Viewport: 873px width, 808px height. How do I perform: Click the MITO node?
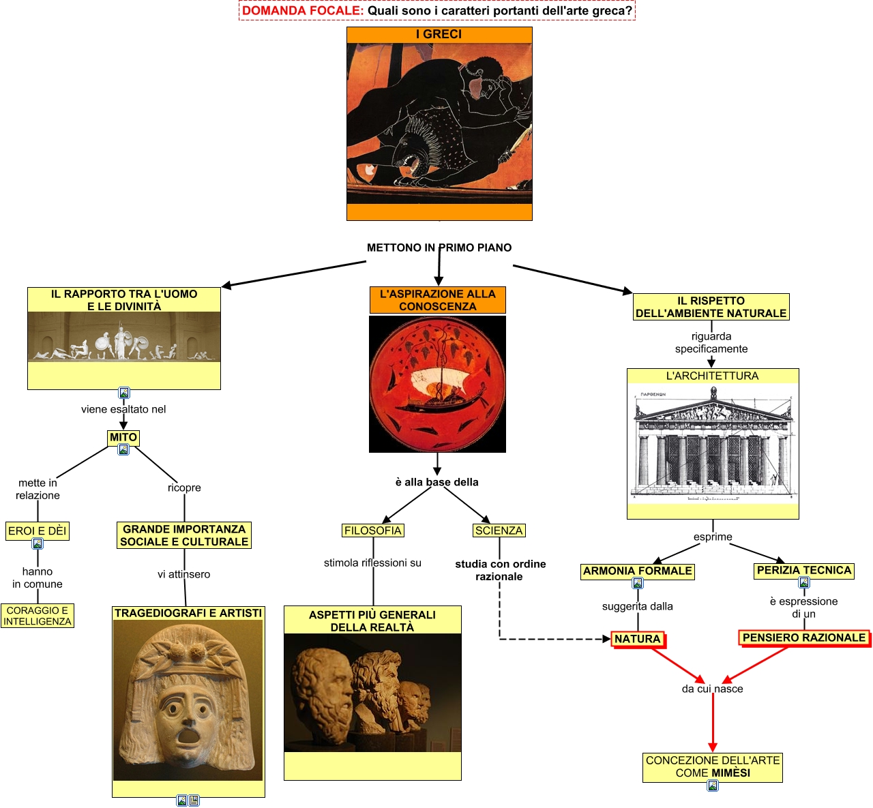click(x=123, y=437)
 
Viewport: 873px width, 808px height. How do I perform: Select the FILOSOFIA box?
click(x=373, y=530)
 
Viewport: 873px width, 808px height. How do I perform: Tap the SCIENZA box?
click(x=499, y=530)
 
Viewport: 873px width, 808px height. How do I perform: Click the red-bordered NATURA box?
click(x=638, y=639)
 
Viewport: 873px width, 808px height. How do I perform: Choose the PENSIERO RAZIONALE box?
click(x=804, y=638)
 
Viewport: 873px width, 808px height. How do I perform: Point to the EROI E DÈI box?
click(x=38, y=531)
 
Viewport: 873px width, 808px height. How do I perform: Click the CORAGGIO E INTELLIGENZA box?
click(x=38, y=616)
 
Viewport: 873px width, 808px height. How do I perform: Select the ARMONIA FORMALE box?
click(x=638, y=571)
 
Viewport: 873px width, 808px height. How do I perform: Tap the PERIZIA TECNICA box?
click(x=804, y=570)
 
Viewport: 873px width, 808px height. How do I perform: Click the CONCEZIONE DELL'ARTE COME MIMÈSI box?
click(x=713, y=766)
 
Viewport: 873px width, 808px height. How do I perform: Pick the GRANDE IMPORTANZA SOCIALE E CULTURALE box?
click(x=184, y=535)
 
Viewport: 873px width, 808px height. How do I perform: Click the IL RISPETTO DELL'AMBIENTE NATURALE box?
click(x=711, y=307)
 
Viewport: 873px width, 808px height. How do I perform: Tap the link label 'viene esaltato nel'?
click(x=123, y=409)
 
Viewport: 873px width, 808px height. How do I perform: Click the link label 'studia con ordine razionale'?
click(x=500, y=570)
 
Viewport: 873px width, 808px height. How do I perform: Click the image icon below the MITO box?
click(x=123, y=449)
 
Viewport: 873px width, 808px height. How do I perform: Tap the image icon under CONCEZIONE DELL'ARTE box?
click(x=713, y=785)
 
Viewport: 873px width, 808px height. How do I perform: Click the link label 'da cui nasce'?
click(x=713, y=689)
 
